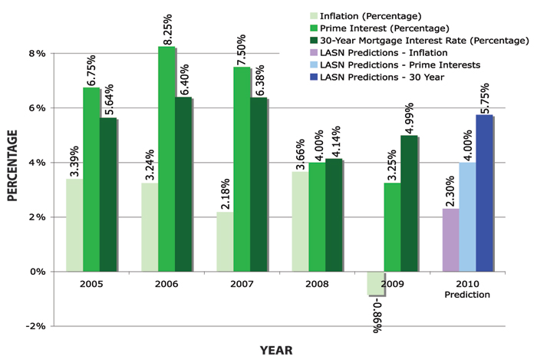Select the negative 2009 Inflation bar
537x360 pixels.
coord(375,283)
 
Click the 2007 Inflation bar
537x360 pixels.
coord(225,242)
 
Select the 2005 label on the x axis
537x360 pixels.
coord(91,282)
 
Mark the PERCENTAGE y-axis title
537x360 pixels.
coord(13,165)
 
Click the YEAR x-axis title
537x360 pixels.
coord(275,350)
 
